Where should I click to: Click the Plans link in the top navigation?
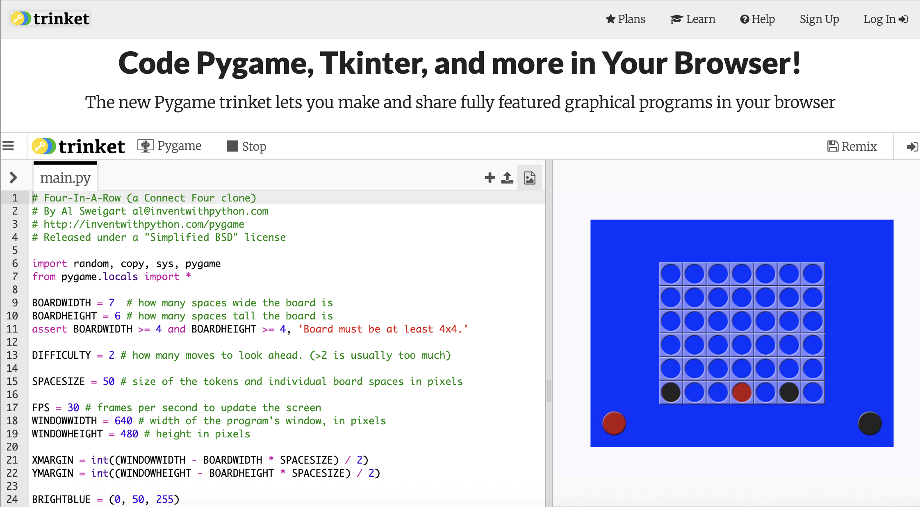[x=626, y=19]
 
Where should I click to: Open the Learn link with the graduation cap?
[x=693, y=19]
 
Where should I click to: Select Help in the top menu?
[x=757, y=19]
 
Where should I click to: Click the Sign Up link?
[x=819, y=19]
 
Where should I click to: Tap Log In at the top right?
[x=886, y=19]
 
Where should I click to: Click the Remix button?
[x=852, y=146]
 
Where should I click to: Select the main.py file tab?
[x=65, y=178]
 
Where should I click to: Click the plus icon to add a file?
[x=490, y=177]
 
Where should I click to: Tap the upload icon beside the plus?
[x=507, y=177]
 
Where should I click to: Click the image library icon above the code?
[x=530, y=178]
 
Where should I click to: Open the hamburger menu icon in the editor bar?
[x=8, y=146]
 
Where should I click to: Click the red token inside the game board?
[x=742, y=392]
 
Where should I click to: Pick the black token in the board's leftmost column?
[x=671, y=392]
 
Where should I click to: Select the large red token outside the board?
[x=614, y=423]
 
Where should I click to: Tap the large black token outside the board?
[x=870, y=423]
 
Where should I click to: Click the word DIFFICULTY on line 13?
[x=61, y=355]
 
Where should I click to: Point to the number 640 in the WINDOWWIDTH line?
[x=123, y=421]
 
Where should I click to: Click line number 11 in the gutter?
[x=12, y=329]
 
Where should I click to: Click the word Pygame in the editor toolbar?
[x=179, y=146]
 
